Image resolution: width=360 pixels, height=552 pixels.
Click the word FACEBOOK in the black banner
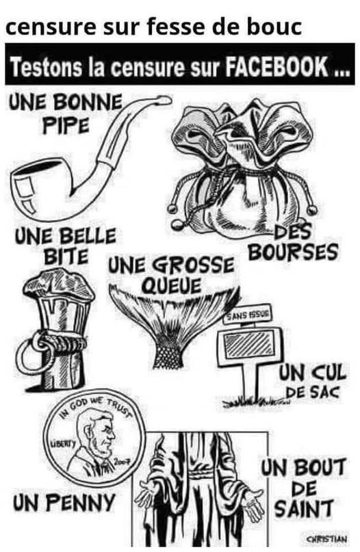(277, 66)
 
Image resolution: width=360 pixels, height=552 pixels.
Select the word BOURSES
(293, 252)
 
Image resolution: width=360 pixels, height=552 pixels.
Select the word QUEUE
(171, 285)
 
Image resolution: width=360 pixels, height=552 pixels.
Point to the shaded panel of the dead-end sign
(250, 344)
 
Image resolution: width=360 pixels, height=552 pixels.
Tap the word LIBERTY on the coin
(64, 443)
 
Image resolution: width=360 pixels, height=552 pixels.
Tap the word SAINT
(304, 508)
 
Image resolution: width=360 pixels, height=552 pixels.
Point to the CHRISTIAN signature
(327, 539)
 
